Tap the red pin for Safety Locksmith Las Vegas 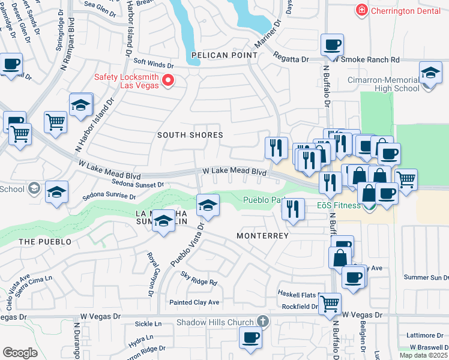pyautogui.click(x=169, y=80)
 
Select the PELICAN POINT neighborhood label pyautogui.click(x=224, y=55)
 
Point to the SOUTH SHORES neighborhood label pyautogui.click(x=190, y=135)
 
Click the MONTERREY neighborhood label pyautogui.click(x=262, y=236)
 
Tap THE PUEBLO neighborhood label pyautogui.click(x=45, y=242)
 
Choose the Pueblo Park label pyautogui.click(x=264, y=200)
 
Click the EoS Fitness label pyautogui.click(x=339, y=206)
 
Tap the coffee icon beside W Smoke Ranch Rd pyautogui.click(x=332, y=45)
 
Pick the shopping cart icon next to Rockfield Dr pyautogui.click(x=330, y=304)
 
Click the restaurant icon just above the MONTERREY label pyautogui.click(x=292, y=209)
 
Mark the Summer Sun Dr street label pyautogui.click(x=426, y=277)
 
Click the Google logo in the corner pyautogui.click(x=20, y=352)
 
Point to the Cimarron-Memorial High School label pyautogui.click(x=383, y=84)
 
